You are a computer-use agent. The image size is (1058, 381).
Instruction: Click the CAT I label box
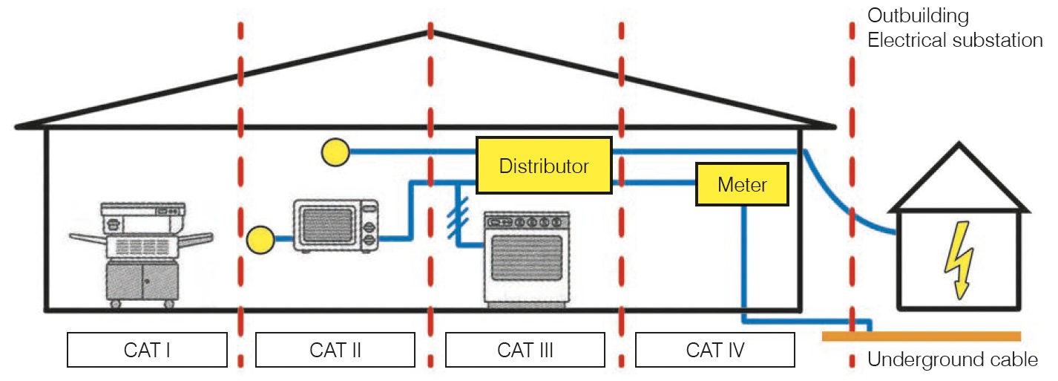(147, 349)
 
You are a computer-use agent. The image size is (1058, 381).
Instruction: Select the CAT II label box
(335, 349)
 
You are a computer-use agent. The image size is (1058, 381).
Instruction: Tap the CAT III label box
(525, 349)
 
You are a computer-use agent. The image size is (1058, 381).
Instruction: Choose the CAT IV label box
(715, 349)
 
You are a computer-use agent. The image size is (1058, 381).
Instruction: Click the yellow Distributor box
(543, 166)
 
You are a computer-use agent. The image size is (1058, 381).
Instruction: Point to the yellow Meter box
(741, 184)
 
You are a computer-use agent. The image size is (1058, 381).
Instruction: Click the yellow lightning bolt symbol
(957, 260)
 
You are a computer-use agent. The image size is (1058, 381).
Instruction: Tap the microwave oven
(336, 226)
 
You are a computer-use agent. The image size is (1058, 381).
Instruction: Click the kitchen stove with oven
(527, 257)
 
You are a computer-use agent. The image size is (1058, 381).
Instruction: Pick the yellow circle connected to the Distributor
(335, 152)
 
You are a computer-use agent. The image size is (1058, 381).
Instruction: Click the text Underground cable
(952, 361)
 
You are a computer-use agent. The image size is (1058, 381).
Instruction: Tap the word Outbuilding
(918, 16)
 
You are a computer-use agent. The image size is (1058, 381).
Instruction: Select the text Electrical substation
(955, 40)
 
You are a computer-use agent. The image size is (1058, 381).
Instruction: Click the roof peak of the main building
(430, 33)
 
